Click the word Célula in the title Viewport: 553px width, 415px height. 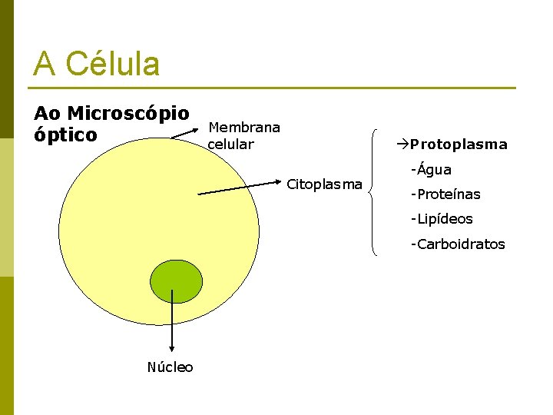tap(113, 63)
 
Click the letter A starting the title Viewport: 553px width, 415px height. tap(45, 63)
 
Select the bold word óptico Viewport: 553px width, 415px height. tap(65, 135)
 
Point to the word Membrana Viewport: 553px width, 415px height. tap(244, 127)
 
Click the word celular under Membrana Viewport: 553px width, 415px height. tap(231, 144)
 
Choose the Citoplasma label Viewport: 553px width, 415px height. tap(324, 184)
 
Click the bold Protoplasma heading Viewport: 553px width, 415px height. tap(459, 144)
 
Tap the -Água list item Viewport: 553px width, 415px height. tap(431, 170)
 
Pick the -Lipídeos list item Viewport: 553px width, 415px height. tap(442, 219)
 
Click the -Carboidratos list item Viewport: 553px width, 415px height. tap(458, 244)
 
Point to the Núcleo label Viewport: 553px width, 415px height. tap(171, 367)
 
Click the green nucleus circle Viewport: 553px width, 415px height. tap(176, 281)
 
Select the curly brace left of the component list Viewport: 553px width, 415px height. tap(373, 191)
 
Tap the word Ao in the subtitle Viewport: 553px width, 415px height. tap(45, 114)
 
